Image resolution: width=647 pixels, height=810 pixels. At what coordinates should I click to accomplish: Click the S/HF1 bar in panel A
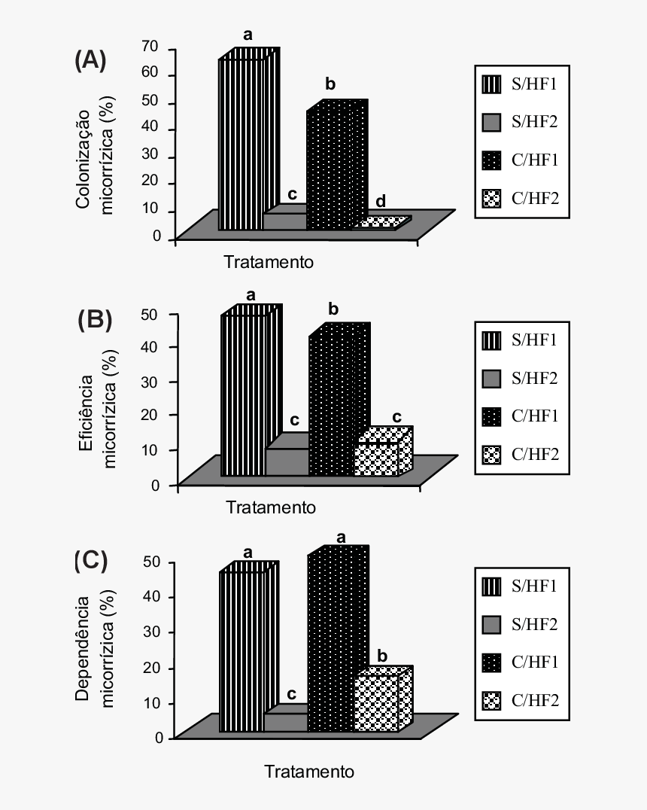[x=242, y=143]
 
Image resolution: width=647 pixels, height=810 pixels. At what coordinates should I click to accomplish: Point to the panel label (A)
[x=90, y=60]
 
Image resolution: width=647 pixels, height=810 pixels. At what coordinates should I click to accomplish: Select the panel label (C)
[x=91, y=561]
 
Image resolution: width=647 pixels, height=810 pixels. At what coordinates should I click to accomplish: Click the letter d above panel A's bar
[x=381, y=201]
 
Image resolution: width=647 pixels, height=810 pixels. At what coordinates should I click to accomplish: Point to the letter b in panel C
[x=382, y=656]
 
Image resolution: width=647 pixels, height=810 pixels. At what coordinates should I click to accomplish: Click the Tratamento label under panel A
[x=269, y=262]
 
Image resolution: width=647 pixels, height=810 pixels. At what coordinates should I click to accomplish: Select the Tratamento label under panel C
[x=308, y=772]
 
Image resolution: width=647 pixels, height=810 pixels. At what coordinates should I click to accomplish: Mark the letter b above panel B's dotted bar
[x=334, y=309]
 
